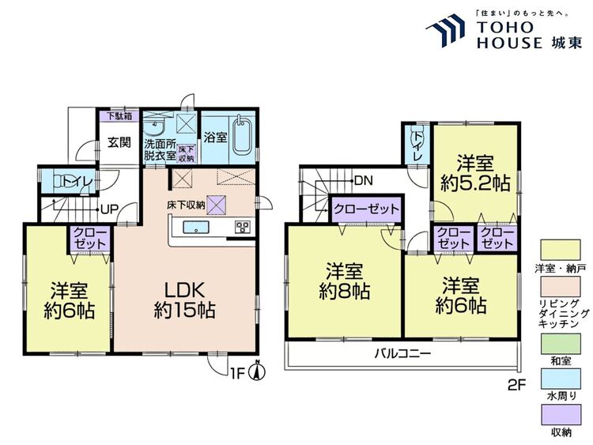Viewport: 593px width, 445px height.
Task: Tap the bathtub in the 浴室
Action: click(241, 137)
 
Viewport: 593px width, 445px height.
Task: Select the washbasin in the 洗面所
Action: click(154, 127)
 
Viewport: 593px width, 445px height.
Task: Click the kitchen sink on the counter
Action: click(195, 227)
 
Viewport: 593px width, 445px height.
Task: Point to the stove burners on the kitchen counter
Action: click(242, 227)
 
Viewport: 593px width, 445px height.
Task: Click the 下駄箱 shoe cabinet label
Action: click(119, 115)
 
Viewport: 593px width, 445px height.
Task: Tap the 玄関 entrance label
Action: click(119, 142)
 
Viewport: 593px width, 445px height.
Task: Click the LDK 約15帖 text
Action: click(184, 300)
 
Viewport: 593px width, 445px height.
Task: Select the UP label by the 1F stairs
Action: click(110, 209)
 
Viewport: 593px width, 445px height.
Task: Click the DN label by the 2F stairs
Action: click(364, 181)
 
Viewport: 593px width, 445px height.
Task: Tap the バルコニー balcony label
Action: click(402, 354)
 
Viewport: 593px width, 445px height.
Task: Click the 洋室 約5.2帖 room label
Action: click(475, 174)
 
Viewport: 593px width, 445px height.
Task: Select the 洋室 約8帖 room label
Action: click(344, 281)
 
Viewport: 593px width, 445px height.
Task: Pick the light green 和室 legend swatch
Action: click(561, 344)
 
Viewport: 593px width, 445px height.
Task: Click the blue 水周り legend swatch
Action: click(561, 379)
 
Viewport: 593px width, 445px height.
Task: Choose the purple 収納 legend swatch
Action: click(561, 415)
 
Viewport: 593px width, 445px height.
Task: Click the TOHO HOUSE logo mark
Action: click(445, 29)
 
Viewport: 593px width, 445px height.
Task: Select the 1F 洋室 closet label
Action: click(89, 238)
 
